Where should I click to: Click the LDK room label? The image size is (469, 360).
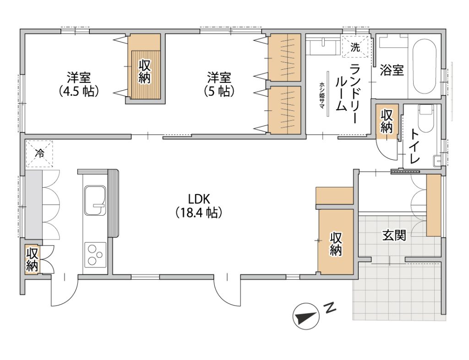pos(199,206)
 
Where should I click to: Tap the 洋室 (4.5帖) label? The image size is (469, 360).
pos(79,84)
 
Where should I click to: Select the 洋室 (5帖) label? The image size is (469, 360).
pos(219,84)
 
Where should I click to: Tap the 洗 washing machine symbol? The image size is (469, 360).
pos(355,47)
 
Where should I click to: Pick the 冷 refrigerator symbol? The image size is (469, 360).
pos(39,154)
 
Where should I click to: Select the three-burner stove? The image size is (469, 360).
pos(96,255)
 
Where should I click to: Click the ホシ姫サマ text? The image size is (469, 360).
pos(322,94)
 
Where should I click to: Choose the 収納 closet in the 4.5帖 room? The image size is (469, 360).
pos(145,72)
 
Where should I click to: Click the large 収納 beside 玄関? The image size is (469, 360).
pos(336,241)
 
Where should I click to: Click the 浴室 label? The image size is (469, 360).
pos(392,70)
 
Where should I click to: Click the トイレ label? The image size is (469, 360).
pos(415,146)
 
